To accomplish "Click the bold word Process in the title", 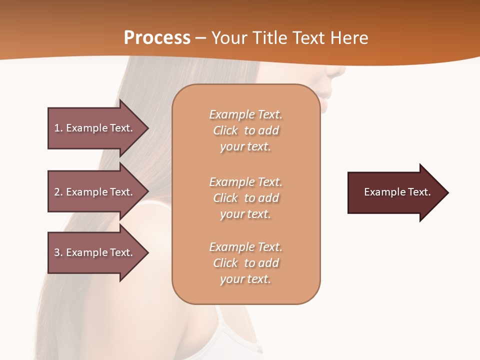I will tap(157, 38).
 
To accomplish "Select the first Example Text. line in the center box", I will tap(245, 114).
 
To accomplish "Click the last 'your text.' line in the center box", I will tap(245, 279).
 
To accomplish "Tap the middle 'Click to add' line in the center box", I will tap(245, 198).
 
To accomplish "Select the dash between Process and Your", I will tap(201, 38).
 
